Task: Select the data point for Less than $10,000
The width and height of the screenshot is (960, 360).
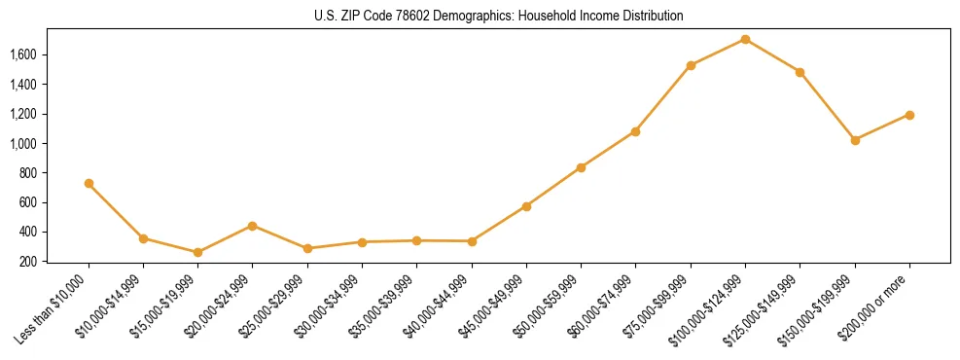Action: (x=89, y=183)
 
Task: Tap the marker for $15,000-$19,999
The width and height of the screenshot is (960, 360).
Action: (x=197, y=252)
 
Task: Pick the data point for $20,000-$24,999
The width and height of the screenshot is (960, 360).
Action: (x=253, y=226)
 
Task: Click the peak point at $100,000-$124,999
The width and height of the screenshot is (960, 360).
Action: (x=745, y=39)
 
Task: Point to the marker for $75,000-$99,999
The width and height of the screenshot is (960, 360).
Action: (x=691, y=65)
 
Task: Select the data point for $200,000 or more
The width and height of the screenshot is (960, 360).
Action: (x=909, y=115)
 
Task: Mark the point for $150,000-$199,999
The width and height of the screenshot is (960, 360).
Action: (x=855, y=140)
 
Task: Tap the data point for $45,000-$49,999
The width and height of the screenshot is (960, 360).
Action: (x=526, y=206)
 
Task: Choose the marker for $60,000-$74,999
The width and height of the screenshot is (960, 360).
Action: (x=635, y=131)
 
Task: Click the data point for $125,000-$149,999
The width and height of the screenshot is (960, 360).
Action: (x=800, y=72)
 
